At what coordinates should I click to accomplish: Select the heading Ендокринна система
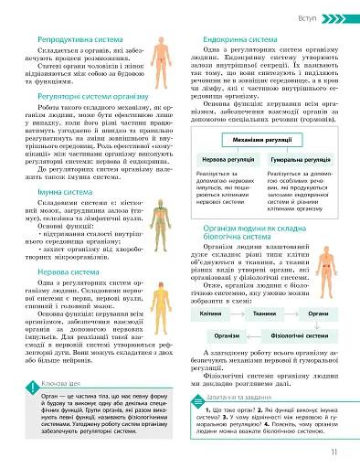(x=227, y=40)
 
